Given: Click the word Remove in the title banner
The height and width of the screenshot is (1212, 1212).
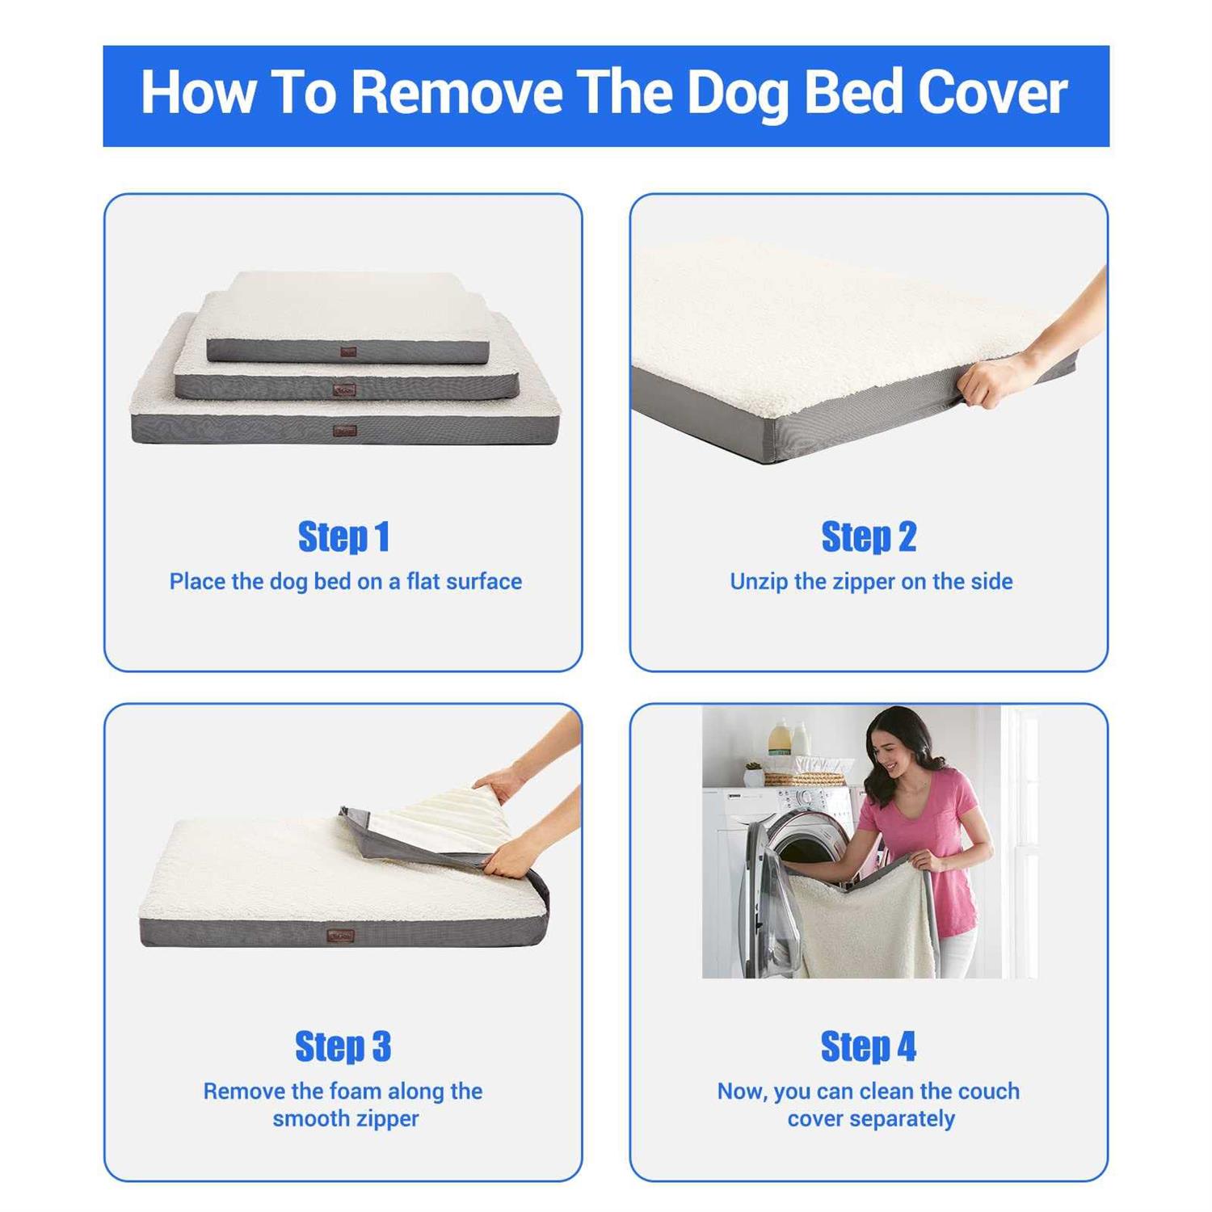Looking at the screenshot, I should click(x=457, y=93).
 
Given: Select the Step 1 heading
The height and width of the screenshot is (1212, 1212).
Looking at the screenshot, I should click(x=343, y=537).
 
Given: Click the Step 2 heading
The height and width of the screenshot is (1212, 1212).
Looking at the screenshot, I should click(x=869, y=537).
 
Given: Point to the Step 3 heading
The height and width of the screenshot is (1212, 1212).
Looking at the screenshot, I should click(x=343, y=1046).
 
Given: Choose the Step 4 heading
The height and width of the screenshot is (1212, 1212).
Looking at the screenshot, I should click(x=869, y=1046).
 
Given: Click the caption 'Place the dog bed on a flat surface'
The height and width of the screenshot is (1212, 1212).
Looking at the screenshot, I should click(x=345, y=582).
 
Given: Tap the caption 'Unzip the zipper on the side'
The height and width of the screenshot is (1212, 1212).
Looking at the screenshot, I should click(x=870, y=582).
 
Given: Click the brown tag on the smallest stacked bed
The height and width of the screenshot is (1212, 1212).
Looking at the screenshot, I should click(x=348, y=351).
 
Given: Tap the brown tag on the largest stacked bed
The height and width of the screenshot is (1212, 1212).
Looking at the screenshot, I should click(x=345, y=431).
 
